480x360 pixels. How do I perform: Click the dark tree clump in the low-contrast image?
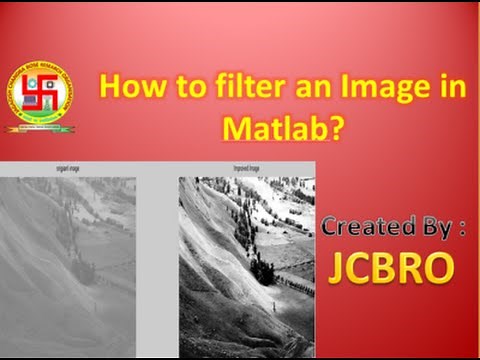pyautogui.click(x=82, y=271)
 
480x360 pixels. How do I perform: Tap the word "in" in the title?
pyautogui.click(x=452, y=88)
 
